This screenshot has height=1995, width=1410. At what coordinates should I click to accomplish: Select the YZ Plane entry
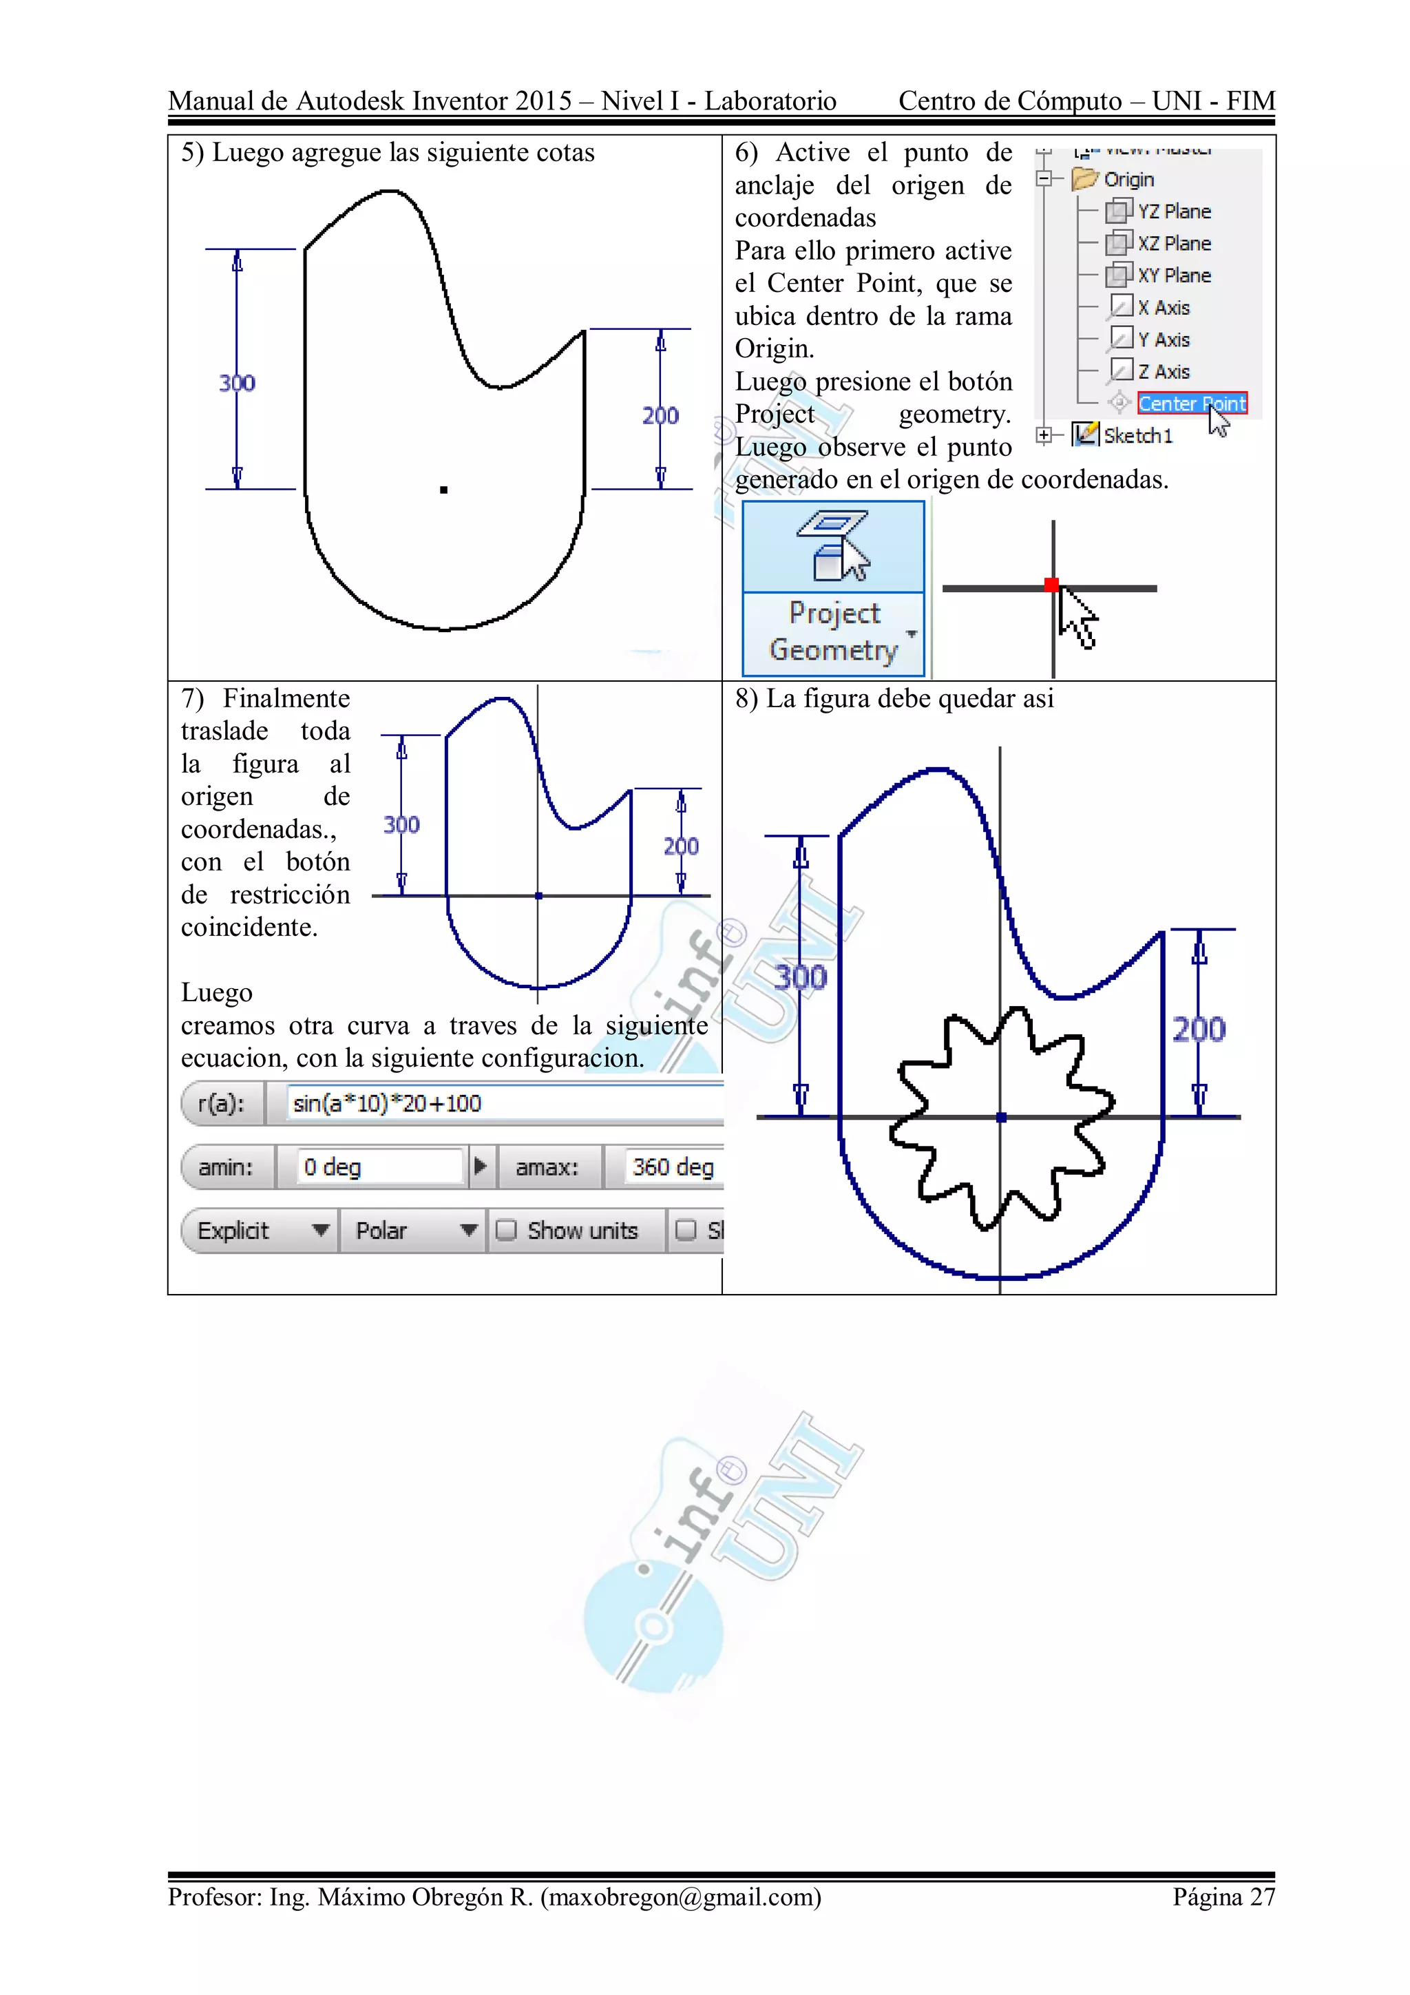[1173, 211]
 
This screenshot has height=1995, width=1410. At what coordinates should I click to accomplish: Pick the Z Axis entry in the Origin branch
[1162, 372]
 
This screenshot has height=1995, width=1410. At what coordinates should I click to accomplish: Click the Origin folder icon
[1084, 179]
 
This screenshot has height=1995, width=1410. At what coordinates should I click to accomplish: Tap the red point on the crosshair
[1051, 585]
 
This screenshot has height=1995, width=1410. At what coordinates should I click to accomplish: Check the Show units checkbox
[505, 1231]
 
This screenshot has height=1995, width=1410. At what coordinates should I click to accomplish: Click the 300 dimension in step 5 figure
[236, 383]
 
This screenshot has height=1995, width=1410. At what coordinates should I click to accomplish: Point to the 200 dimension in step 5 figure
[660, 415]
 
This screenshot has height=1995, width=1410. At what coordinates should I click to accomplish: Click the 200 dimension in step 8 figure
[1199, 1030]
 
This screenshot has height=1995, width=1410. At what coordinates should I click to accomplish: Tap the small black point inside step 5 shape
[444, 490]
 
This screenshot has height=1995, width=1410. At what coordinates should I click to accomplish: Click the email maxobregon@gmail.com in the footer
[681, 1896]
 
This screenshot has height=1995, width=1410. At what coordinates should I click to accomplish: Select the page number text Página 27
[1223, 1896]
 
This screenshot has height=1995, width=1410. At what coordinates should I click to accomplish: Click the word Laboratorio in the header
[770, 101]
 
